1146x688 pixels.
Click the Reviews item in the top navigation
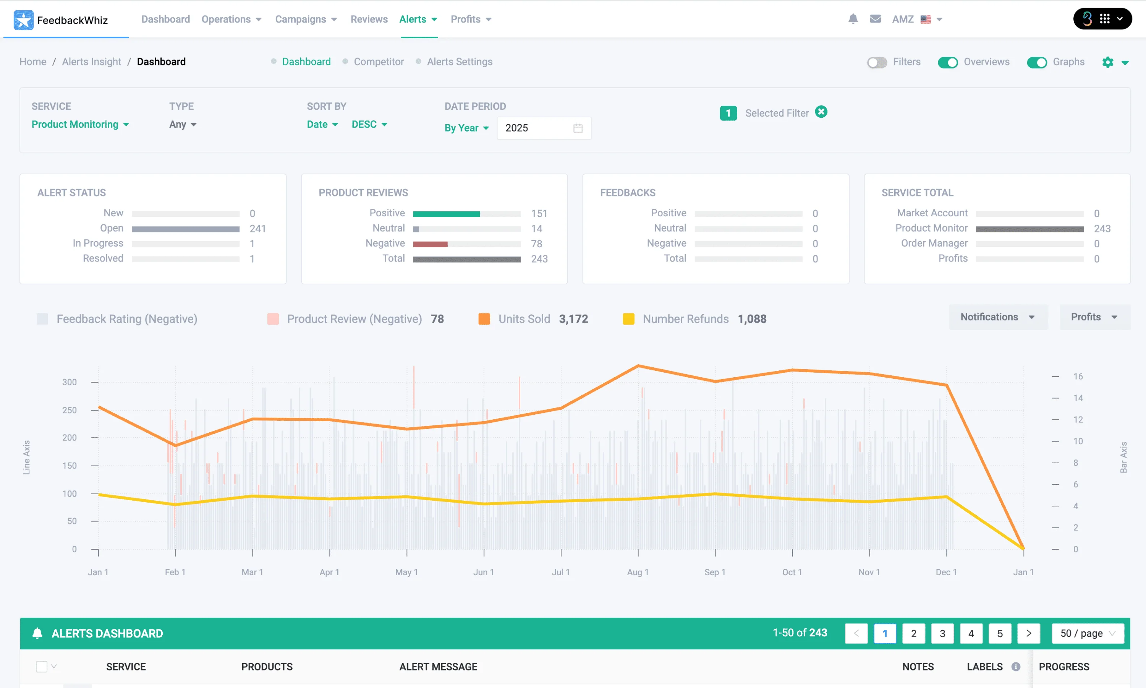point(369,19)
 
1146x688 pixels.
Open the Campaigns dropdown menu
point(306,19)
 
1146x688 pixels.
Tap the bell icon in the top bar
point(853,19)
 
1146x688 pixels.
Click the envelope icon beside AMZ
point(875,19)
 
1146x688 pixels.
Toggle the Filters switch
point(877,62)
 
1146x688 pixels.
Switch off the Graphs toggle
point(1037,62)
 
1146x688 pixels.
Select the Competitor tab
point(379,62)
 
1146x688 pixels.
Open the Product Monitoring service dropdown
point(80,124)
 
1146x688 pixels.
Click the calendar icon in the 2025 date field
point(578,128)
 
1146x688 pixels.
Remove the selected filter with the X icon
point(821,112)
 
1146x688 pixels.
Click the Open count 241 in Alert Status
point(257,229)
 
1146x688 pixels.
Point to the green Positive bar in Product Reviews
point(446,214)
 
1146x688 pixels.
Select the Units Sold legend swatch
point(484,319)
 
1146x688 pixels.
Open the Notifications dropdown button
point(998,317)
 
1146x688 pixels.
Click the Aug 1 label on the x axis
point(638,572)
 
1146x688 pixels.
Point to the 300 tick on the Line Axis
point(70,382)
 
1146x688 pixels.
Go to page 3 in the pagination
point(942,633)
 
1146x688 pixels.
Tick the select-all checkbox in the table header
point(42,666)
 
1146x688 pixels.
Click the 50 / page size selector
point(1088,633)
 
